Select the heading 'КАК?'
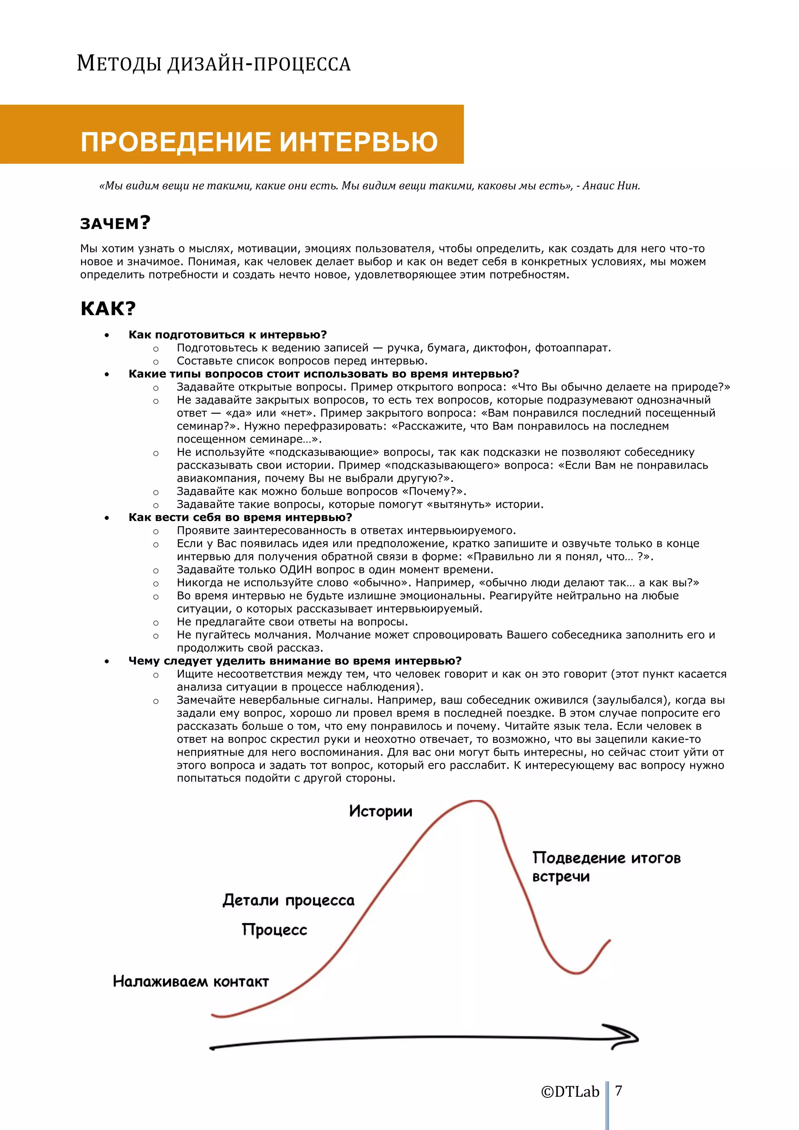coord(108,308)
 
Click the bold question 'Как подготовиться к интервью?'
coord(227,335)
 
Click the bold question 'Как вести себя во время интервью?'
coord(240,517)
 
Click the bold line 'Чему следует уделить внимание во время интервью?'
coord(295,661)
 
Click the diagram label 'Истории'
coord(380,811)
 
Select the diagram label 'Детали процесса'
coord(288,901)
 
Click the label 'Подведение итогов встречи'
coord(605,867)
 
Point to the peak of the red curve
coord(476,801)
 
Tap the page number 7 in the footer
coord(619,1091)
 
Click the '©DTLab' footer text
coord(570,1092)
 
